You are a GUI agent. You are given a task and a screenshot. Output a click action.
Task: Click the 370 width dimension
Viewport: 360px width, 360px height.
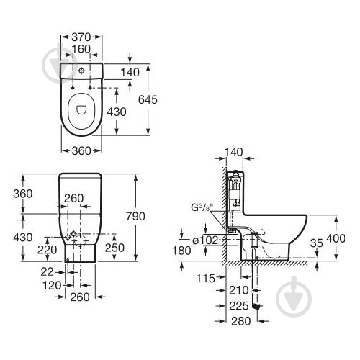pyautogui.click(x=81, y=37)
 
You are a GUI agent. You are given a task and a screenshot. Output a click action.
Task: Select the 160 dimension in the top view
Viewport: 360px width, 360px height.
pyautogui.click(x=81, y=49)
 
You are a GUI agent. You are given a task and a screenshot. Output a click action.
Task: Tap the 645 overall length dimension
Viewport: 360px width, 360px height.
pyautogui.click(x=148, y=99)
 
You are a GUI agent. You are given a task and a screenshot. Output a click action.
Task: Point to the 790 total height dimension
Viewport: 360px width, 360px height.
pyautogui.click(x=136, y=217)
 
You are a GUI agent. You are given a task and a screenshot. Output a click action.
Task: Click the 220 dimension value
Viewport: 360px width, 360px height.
pyautogui.click(x=47, y=250)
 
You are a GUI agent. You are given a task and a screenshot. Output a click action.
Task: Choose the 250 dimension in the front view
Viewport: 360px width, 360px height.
pyautogui.click(x=114, y=248)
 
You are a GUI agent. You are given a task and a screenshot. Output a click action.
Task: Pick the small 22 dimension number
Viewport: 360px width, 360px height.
pyautogui.click(x=47, y=272)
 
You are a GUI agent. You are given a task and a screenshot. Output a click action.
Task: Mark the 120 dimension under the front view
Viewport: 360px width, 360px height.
pyautogui.click(x=52, y=285)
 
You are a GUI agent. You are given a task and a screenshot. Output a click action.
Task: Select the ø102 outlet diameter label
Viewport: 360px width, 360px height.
pyautogui.click(x=205, y=240)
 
